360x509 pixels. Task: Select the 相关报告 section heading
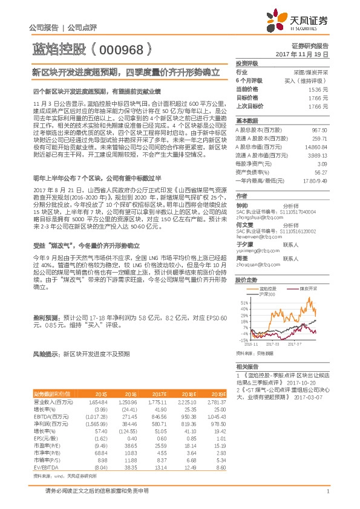[x=247, y=367]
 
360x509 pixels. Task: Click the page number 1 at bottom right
[x=327, y=491]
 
